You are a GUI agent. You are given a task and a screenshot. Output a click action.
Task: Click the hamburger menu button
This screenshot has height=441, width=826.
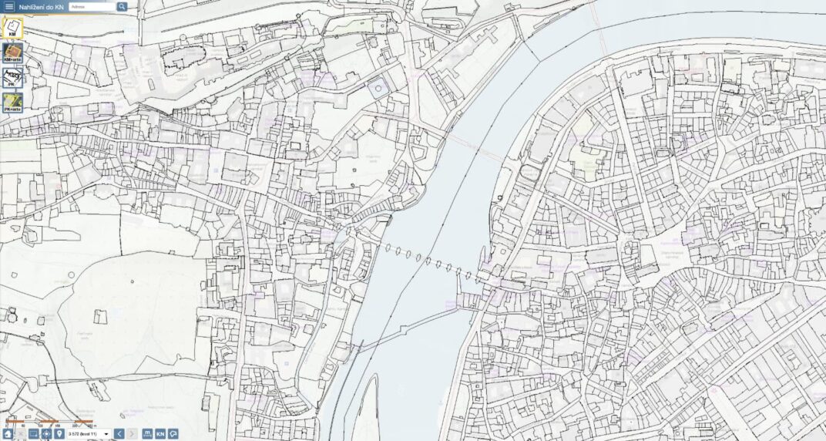click(x=9, y=6)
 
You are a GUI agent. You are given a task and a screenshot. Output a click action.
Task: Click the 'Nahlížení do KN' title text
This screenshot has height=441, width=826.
click(x=42, y=7)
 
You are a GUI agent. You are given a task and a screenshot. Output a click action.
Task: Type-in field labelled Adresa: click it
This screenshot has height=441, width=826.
click(x=92, y=7)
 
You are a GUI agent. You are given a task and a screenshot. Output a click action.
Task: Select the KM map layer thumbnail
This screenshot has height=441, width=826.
click(x=12, y=29)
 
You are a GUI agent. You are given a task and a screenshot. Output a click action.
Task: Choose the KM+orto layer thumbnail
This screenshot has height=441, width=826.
click(x=12, y=53)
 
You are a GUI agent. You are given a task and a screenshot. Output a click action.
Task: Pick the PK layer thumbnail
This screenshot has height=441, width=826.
click(x=12, y=77)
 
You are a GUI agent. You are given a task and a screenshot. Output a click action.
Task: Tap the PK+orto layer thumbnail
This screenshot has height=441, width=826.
click(x=12, y=103)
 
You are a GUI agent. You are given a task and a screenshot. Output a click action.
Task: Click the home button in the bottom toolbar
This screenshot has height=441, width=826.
click(x=8, y=434)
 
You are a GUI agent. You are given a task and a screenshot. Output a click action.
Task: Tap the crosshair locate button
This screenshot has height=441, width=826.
click(x=46, y=434)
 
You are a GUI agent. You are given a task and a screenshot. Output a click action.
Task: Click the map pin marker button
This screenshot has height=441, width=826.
click(x=59, y=434)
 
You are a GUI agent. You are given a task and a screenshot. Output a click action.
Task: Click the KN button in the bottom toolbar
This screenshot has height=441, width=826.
click(x=160, y=434)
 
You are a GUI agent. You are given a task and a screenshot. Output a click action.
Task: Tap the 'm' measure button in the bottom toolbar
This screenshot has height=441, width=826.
click(x=147, y=434)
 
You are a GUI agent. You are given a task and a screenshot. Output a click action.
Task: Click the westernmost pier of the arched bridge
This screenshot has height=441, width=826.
click(x=388, y=248)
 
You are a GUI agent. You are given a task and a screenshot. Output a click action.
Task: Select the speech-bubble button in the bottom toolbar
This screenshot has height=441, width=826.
click(x=173, y=434)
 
